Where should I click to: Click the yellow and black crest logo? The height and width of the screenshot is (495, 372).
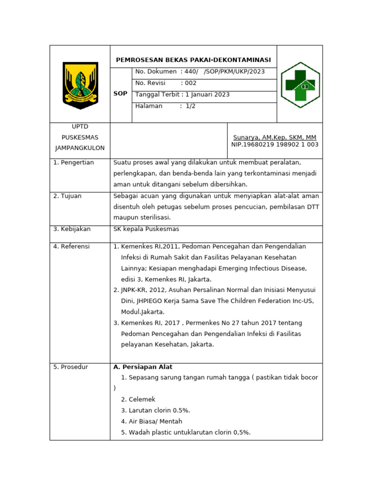click(80, 85)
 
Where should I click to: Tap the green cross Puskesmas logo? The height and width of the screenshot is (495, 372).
click(300, 85)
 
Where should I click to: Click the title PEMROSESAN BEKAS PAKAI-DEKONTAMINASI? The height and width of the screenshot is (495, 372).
click(193, 60)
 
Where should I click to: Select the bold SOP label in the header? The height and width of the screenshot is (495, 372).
click(121, 93)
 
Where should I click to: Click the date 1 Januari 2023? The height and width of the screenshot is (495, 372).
click(207, 94)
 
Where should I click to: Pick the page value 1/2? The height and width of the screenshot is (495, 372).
click(190, 106)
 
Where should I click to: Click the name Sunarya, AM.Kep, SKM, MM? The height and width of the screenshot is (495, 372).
click(275, 137)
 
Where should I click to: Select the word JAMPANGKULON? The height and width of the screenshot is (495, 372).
click(80, 147)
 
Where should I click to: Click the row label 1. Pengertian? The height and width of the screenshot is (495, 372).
click(74, 162)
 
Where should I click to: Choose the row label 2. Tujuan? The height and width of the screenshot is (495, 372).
click(67, 196)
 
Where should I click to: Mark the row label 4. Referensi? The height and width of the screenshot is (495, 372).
click(72, 246)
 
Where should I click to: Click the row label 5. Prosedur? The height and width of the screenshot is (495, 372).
click(71, 366)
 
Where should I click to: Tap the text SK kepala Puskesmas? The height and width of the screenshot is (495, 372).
click(146, 229)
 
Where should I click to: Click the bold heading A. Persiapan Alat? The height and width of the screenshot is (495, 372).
click(143, 366)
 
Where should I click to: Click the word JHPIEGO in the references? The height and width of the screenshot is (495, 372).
click(152, 301)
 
